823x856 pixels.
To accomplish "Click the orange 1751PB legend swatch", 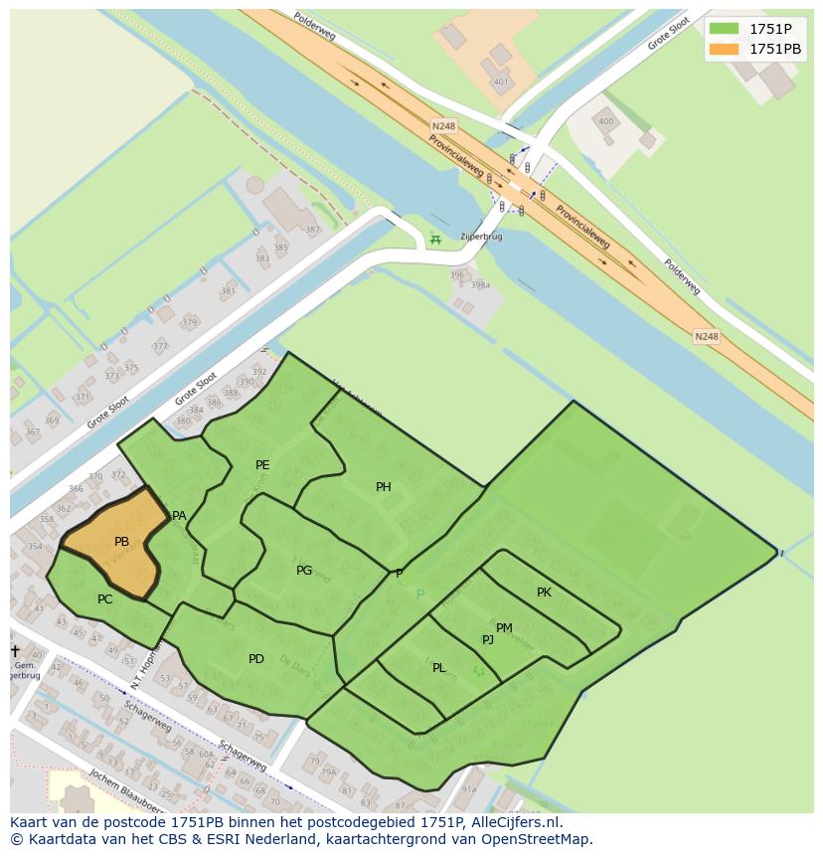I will point(724,49).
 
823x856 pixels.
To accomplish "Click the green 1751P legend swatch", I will point(724,29).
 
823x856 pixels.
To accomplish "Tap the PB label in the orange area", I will point(121,542).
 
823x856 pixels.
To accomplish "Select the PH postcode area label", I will point(383,487).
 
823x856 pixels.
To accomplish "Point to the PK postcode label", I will point(544,593).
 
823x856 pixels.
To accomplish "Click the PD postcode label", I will point(256,659).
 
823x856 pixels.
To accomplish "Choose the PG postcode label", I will point(304,571).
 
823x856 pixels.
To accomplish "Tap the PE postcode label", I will point(262,465).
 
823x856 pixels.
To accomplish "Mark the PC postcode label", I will point(104,599).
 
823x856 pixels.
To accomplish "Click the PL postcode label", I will point(438,668).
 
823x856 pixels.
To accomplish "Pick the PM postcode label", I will point(504,628).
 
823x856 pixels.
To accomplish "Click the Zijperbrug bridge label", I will point(481,238).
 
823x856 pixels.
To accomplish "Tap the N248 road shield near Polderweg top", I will point(443,126).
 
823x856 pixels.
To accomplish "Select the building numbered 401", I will point(500,82).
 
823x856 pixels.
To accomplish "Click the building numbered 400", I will point(605,121).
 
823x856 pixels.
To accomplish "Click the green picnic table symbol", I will point(433,240).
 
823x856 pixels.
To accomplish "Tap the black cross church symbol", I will point(15,651).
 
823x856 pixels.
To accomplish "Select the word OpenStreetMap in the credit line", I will point(538,840).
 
